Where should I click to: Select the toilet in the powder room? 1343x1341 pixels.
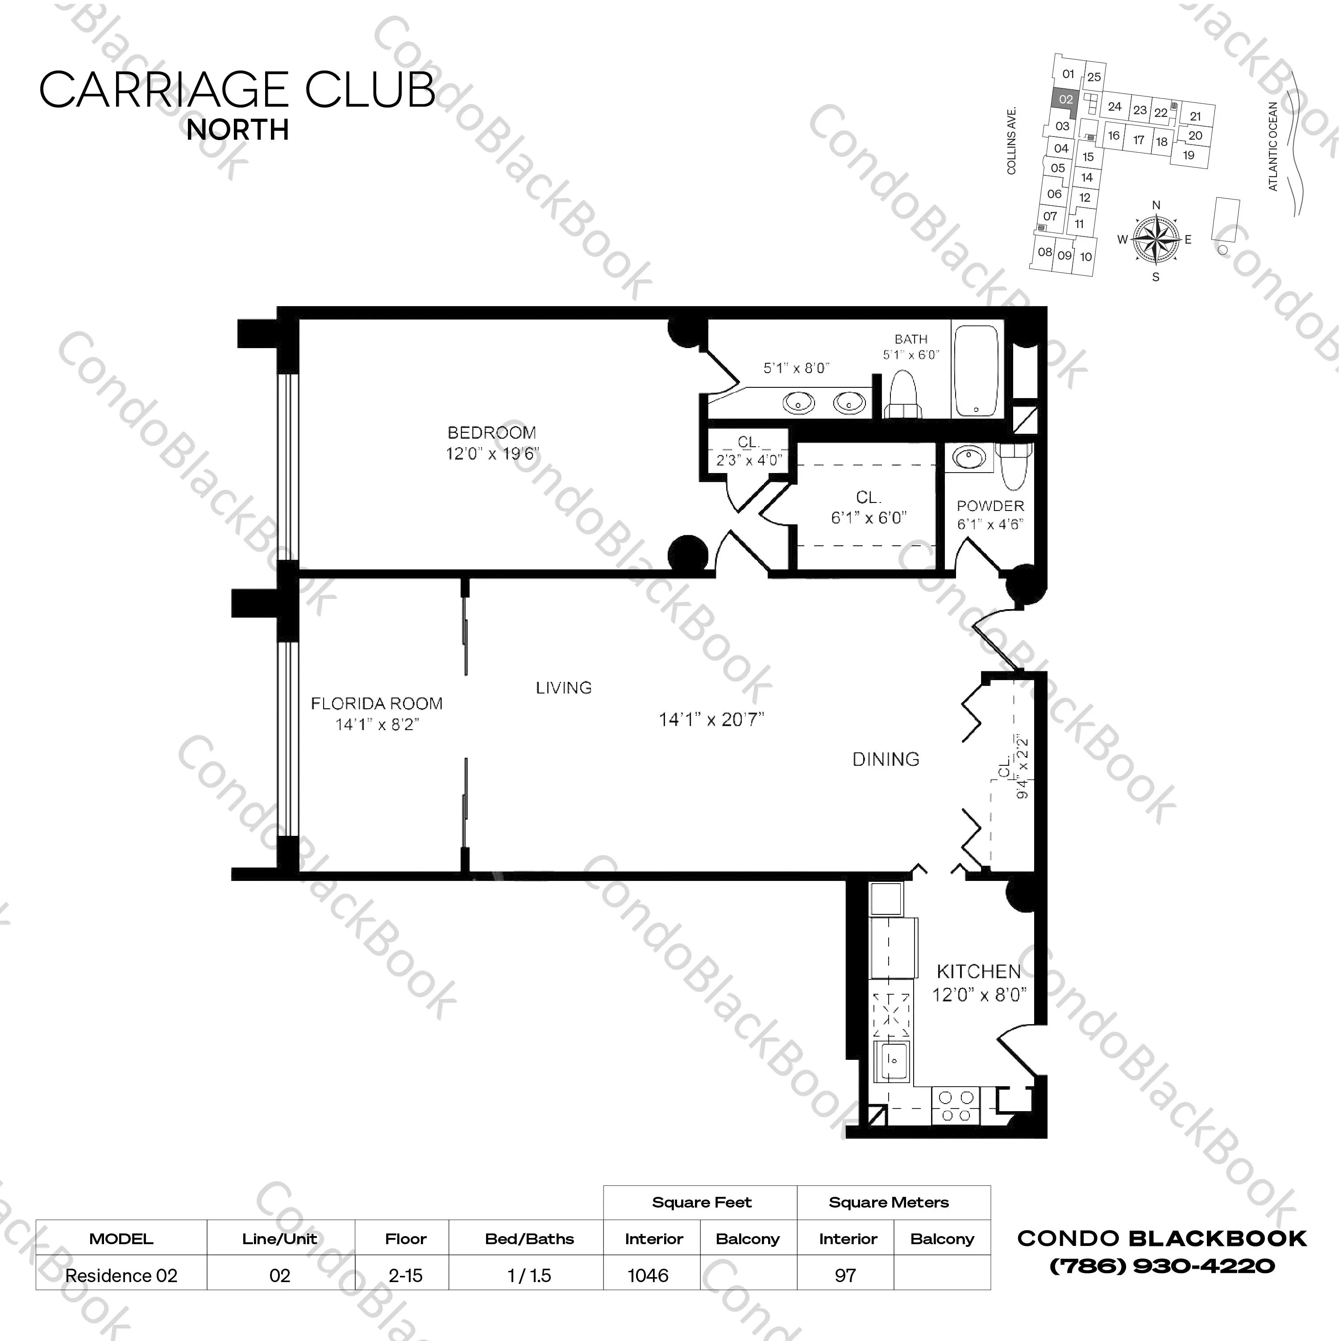pos(1015,466)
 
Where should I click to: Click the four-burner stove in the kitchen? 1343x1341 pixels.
pos(955,1106)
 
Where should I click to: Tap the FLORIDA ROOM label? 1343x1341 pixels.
pos(376,703)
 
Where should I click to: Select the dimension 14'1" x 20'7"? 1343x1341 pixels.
pos(711,719)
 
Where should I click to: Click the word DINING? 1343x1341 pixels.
pos(886,759)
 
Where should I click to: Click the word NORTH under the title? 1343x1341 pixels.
pos(238,130)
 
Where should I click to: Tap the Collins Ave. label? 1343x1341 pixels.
pos(1011,141)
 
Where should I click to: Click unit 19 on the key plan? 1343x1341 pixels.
pos(1188,155)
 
